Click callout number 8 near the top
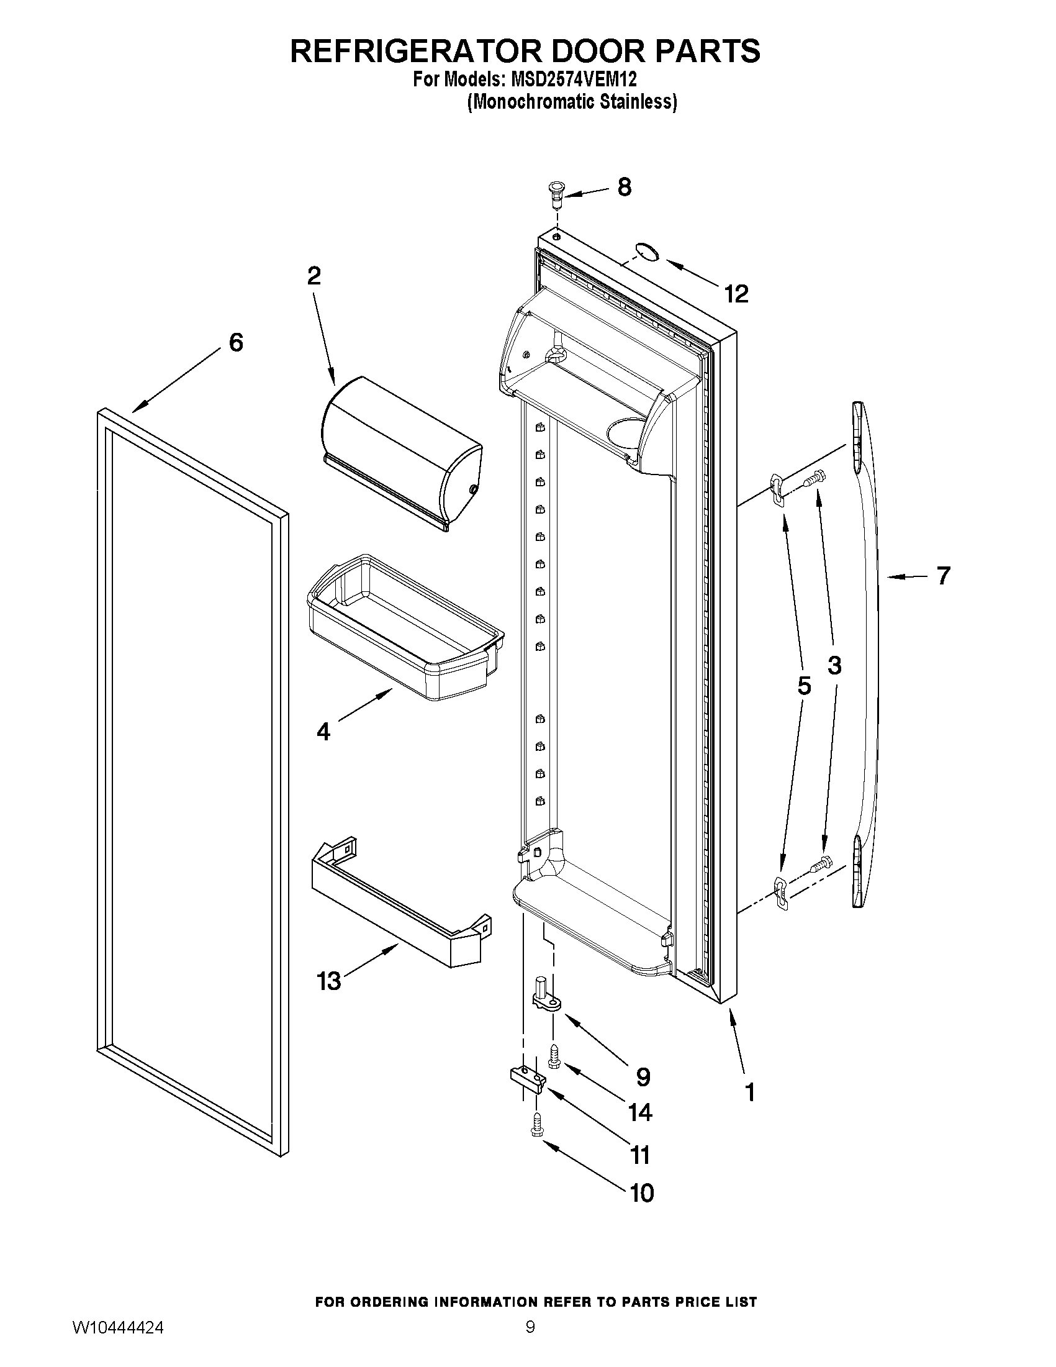(625, 186)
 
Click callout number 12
(736, 294)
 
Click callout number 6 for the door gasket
(236, 342)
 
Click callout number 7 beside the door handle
(944, 575)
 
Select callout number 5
(804, 686)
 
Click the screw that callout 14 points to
(553, 1056)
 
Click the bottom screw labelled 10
(536, 1125)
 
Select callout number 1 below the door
(749, 1092)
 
